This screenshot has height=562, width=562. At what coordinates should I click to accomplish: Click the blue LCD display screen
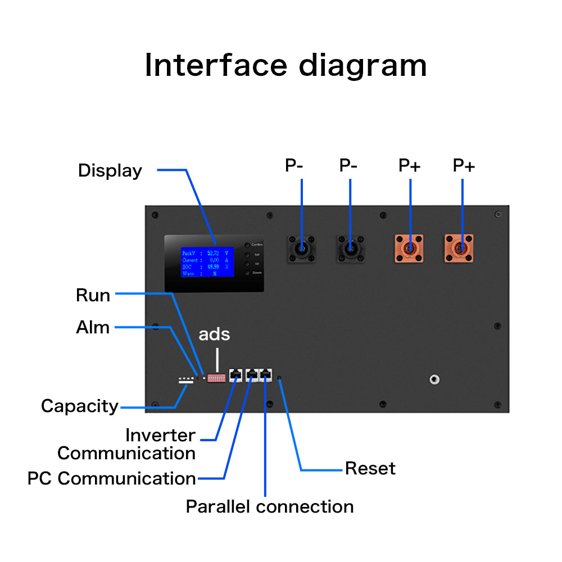coord(207,261)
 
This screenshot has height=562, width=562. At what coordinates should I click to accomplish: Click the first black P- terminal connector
coord(302,248)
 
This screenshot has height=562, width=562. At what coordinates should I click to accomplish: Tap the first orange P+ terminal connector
coord(409,248)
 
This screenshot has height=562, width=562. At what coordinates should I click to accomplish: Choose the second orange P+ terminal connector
coord(459,248)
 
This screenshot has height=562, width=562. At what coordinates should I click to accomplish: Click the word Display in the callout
coord(110,170)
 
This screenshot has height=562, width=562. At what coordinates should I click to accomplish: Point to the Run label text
coord(93,295)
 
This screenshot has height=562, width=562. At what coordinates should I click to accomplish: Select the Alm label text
coord(93,327)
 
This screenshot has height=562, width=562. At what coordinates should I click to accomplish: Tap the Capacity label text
coord(80,406)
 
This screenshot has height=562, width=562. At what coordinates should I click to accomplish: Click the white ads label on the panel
coord(214,334)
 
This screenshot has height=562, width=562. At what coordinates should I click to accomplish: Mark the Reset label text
coord(370,468)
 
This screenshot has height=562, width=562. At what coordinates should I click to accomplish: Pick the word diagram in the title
coord(362,65)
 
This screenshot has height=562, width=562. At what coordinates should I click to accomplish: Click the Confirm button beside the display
coord(247,245)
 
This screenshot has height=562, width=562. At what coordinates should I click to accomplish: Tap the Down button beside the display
coord(247,273)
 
